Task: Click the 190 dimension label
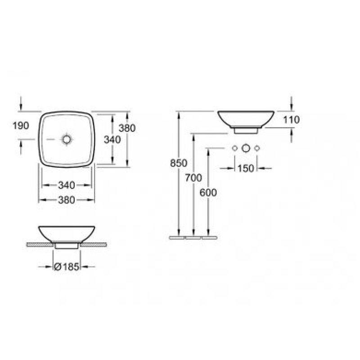coord(21,126)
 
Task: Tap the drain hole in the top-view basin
coord(67,139)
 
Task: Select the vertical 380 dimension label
coord(127,128)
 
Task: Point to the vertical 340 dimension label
coord(112,139)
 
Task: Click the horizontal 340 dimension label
coord(67,185)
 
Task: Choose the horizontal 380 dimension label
coord(67,200)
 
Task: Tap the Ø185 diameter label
coord(67,267)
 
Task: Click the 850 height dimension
coord(179,163)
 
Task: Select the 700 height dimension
coord(193,178)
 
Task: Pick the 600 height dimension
coord(208,193)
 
